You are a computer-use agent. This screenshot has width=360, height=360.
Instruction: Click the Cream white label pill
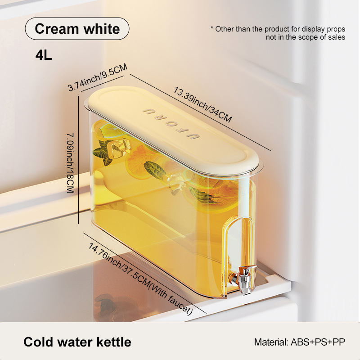tap(77, 29)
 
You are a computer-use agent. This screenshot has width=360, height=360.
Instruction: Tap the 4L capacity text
tap(44, 55)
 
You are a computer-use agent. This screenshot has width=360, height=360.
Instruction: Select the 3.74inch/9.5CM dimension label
tap(97, 77)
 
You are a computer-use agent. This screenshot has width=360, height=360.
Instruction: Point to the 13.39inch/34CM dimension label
tap(202, 104)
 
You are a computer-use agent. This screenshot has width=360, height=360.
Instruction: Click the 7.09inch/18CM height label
tap(70, 163)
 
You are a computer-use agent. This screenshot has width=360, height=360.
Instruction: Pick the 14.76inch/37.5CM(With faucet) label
tap(140, 279)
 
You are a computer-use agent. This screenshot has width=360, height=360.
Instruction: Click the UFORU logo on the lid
tap(171, 123)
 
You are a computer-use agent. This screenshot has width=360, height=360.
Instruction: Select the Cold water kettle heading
tap(77, 342)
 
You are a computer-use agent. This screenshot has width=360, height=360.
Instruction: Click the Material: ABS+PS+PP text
tap(299, 342)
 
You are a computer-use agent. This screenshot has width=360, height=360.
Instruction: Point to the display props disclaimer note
tap(278, 33)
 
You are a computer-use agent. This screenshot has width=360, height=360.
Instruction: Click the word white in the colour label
tap(102, 29)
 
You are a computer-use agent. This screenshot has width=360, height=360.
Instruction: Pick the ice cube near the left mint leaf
tap(119, 148)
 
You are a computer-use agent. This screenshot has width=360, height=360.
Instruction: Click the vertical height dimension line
tap(78, 160)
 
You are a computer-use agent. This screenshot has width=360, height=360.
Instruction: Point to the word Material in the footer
tap(271, 342)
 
